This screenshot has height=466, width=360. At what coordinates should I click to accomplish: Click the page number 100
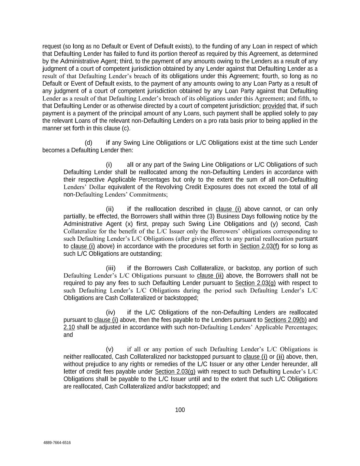[x=180, y=410]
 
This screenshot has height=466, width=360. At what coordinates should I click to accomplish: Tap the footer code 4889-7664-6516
[x=57, y=443]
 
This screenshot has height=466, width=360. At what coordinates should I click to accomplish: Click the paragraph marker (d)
[x=88, y=143]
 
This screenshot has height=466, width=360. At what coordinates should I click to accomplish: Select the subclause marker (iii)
[x=111, y=268]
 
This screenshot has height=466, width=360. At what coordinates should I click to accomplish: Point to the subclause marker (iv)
[x=111, y=312]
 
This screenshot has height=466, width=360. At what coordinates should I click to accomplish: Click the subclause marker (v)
[x=110, y=349]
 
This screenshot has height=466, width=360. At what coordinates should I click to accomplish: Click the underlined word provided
[x=274, y=106]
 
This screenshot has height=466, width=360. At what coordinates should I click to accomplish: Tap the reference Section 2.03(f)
[x=259, y=246]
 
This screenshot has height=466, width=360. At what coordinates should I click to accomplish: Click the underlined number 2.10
[x=69, y=327]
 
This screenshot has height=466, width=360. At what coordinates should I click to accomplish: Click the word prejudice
[x=97, y=364]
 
